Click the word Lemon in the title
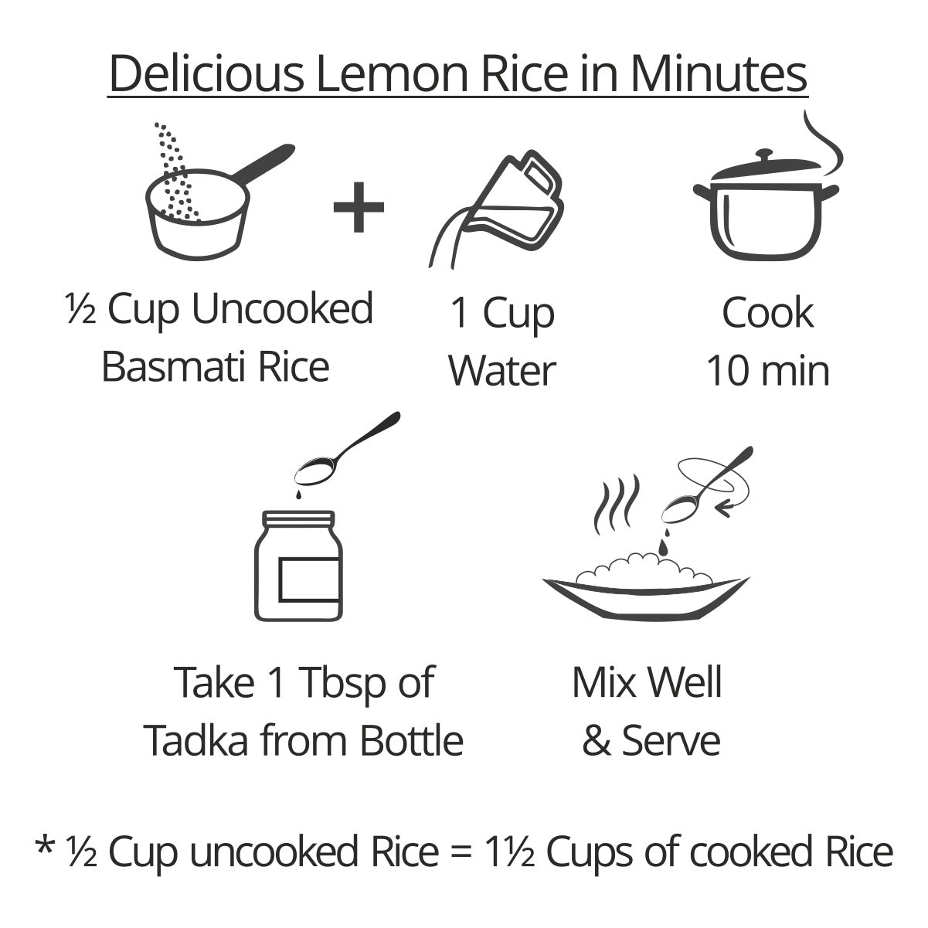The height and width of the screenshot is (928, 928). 392,73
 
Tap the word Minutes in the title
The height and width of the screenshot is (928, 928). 719,73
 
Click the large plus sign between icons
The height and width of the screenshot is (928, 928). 359,207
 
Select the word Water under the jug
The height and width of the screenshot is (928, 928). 502,371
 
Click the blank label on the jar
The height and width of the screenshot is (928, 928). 309,580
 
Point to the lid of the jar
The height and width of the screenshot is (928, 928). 298,518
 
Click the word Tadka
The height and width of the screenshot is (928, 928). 196,740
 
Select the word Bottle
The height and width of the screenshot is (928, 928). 412,740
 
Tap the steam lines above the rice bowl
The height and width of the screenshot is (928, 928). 617,505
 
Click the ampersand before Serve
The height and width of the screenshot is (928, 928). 597,741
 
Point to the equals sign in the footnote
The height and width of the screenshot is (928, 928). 463,853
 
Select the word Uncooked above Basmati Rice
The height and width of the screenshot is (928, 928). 283,309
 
